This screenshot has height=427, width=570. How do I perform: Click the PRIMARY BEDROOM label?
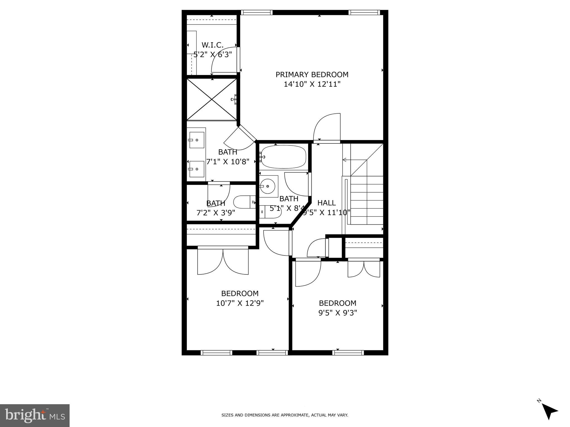tap(312, 75)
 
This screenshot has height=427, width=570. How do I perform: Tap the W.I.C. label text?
tap(213, 45)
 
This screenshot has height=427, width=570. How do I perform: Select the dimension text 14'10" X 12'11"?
tap(312, 84)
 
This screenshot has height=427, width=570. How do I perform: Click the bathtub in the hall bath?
tap(284, 157)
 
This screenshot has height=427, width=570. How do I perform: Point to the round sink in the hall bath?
tap(268, 186)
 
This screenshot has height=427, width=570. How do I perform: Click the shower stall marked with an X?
tap(212, 99)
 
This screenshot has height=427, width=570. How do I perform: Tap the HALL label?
tap(326, 203)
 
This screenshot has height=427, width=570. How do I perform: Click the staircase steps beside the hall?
tap(367, 200)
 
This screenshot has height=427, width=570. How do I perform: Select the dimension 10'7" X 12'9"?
tap(240, 303)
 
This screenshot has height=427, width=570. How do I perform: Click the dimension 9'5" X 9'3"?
tap(338, 313)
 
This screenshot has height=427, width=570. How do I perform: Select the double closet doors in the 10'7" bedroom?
tap(223, 261)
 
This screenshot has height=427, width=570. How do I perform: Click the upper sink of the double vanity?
tap(196, 140)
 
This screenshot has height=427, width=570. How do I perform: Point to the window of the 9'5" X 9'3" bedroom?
tap(348, 353)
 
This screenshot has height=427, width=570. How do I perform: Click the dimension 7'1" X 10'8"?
tap(228, 162)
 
